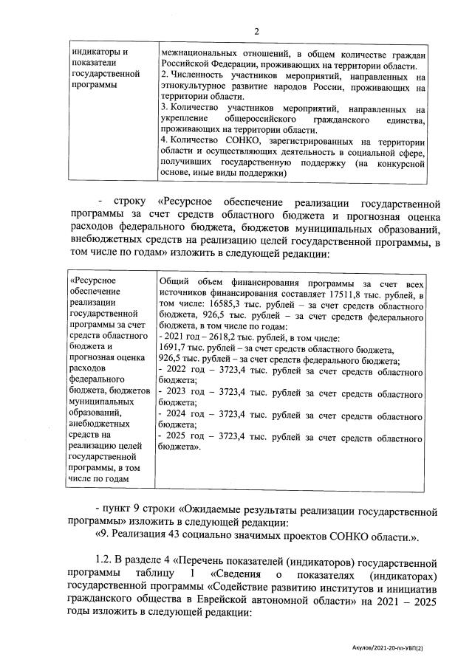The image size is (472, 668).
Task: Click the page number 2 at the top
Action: tap(256, 31)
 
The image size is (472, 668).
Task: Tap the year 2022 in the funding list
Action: tap(179, 371)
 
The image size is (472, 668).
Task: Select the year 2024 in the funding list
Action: tap(179, 415)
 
